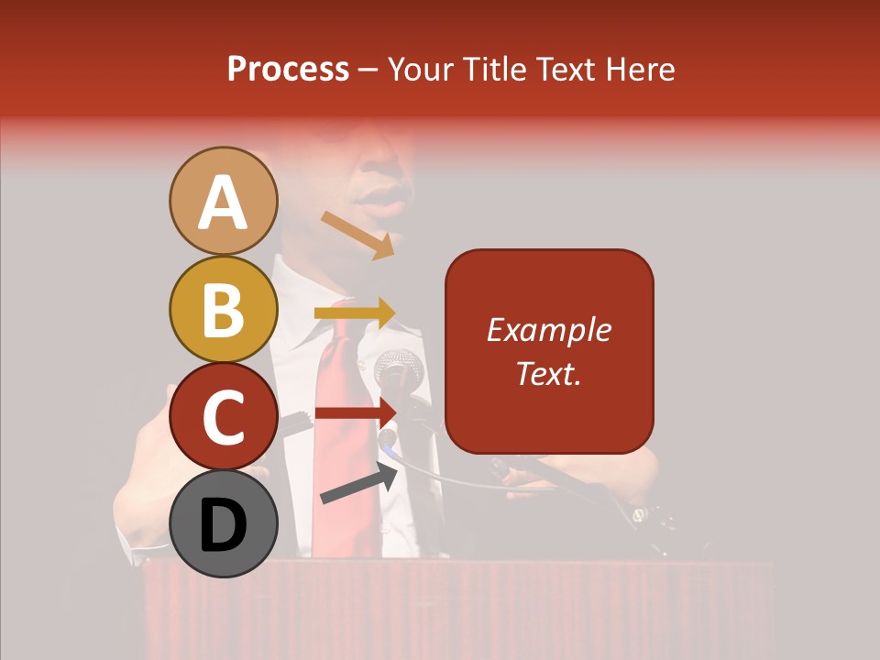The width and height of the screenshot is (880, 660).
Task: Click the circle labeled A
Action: [x=223, y=202]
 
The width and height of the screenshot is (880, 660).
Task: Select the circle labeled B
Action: [x=223, y=310]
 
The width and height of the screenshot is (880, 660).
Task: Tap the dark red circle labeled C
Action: [x=223, y=416]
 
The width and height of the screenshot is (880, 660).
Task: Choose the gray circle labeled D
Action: [x=223, y=524]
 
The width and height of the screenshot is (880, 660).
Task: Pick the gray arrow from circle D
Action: [x=358, y=483]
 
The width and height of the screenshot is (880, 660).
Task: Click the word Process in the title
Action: [x=288, y=70]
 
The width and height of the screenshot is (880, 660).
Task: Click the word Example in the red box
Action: [x=548, y=330]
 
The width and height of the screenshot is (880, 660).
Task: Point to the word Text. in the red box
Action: [x=548, y=373]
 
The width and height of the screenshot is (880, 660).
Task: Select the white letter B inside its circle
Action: [x=223, y=310]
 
